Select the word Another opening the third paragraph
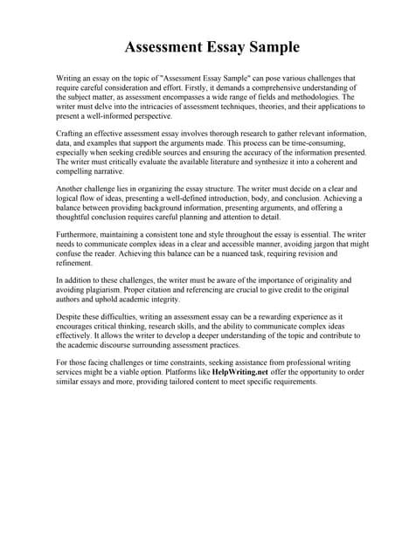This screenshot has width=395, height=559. coord(71,189)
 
